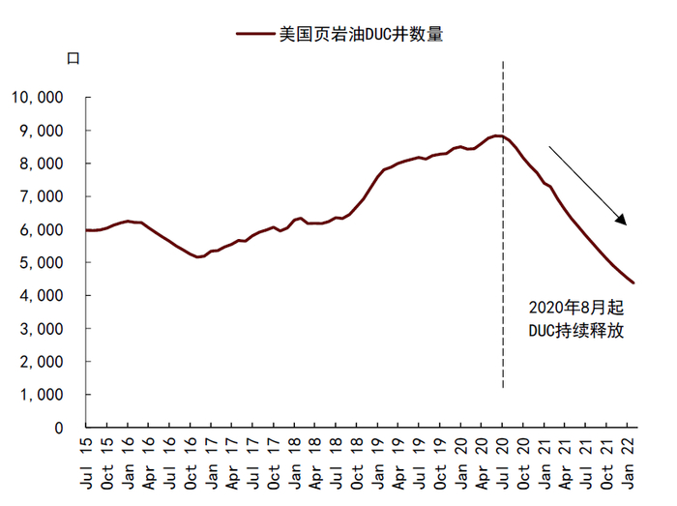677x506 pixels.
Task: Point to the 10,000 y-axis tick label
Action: [37, 98]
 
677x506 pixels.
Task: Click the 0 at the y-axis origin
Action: [59, 428]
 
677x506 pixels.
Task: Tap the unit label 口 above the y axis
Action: [73, 57]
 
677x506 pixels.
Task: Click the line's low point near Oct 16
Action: [197, 257]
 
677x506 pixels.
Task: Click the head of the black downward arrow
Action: [626, 223]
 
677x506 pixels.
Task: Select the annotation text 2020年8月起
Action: [576, 308]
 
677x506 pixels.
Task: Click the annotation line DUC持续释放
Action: [576, 331]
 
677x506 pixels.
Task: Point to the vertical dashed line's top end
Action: [503, 62]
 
